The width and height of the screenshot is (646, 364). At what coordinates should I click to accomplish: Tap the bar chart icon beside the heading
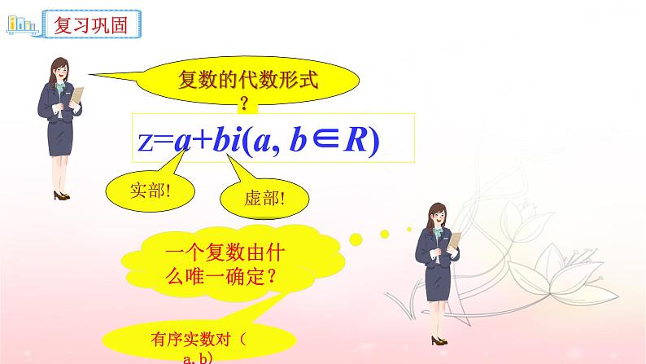(x=23, y=24)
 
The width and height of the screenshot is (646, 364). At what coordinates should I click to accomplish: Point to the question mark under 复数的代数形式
(x=243, y=105)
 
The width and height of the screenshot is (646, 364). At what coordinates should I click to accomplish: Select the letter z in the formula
(x=146, y=142)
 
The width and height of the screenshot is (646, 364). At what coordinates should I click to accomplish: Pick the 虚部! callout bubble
(x=266, y=198)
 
